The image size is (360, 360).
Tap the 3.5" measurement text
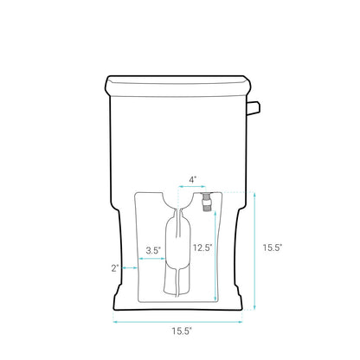point(153,251)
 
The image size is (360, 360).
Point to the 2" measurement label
point(115,268)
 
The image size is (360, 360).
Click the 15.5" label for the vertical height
point(273,247)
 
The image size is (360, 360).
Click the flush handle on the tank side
point(253,107)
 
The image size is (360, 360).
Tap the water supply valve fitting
point(208,203)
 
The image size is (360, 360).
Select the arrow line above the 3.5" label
point(153,260)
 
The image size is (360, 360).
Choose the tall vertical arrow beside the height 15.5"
point(255,251)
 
